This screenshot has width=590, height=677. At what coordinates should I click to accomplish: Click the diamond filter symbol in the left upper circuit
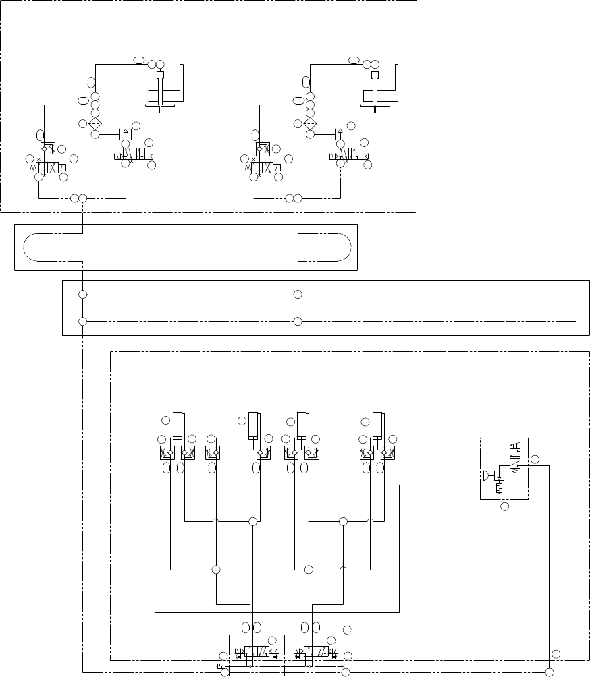[95, 124]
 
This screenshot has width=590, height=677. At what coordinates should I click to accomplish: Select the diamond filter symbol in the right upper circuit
[310, 124]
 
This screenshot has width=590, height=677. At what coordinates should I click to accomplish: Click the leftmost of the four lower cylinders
[178, 425]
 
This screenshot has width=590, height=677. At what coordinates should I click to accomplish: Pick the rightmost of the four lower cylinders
[378, 425]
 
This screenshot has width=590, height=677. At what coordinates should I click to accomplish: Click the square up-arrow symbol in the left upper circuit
[125, 133]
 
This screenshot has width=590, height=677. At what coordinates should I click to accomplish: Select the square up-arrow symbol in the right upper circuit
[340, 133]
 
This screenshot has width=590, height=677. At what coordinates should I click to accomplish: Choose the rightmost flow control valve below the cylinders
[387, 453]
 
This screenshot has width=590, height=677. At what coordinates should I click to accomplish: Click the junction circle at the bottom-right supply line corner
[549, 672]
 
